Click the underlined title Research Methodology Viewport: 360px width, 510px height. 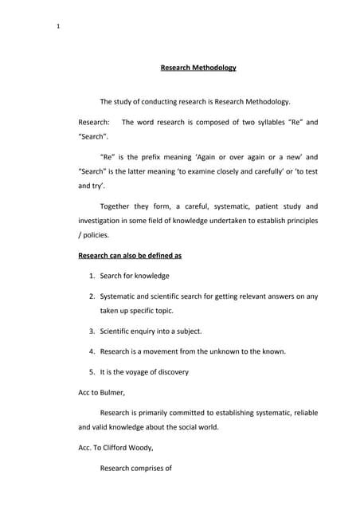198,68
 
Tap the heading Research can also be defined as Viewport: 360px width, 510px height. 130,256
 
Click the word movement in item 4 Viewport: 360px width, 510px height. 162,351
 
